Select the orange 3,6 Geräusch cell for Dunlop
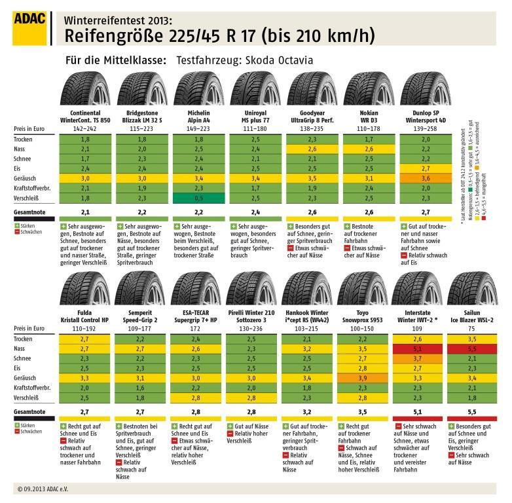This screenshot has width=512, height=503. pyautogui.click(x=425, y=177)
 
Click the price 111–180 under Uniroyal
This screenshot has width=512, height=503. pyautogui.click(x=253, y=130)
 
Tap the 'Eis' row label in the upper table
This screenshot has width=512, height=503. pyautogui.click(x=19, y=168)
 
